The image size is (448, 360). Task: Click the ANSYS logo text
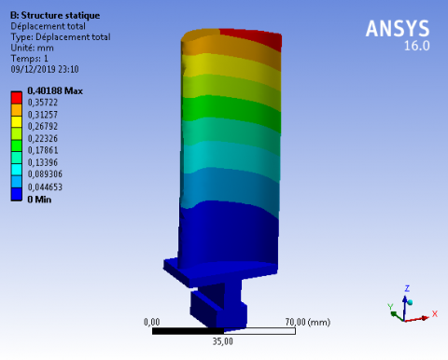[398, 29]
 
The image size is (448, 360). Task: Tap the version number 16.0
[417, 46]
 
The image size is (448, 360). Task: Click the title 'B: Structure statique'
[55, 16]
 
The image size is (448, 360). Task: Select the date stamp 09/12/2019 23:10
[45, 69]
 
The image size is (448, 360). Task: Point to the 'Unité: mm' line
[32, 48]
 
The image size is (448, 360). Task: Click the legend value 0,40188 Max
[55, 90]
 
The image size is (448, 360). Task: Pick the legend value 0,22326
[43, 138]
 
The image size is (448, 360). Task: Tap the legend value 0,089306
[45, 174]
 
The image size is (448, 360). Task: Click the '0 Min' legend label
[39, 200]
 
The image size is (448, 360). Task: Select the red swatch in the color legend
[17, 98]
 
